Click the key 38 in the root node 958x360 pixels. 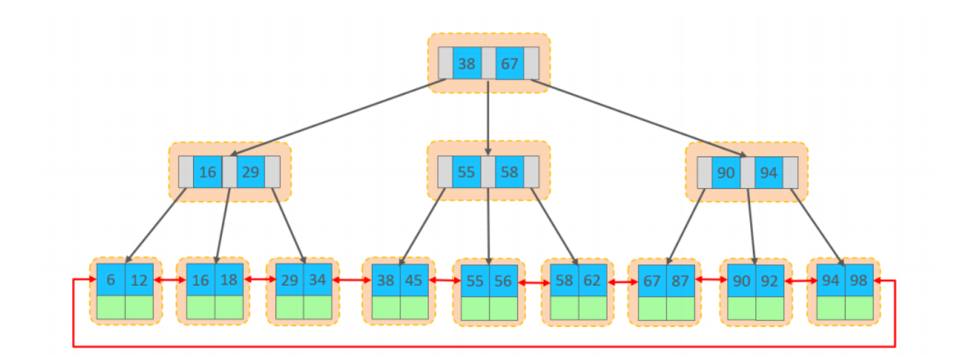tap(467, 64)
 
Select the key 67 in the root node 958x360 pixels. tap(510, 64)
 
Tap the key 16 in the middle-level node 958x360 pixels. tap(208, 172)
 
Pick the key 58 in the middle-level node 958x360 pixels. tap(510, 172)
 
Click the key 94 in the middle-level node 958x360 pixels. tap(768, 172)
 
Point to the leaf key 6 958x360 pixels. tap(111, 280)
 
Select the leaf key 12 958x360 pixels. tap(140, 280)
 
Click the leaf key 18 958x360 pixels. tap(228, 280)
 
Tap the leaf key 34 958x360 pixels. tap(318, 280)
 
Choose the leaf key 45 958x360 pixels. tap(414, 280)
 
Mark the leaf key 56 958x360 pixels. tap(504, 281)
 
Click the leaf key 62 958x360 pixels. tap(593, 280)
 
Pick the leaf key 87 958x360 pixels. tap(681, 280)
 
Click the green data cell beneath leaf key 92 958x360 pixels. tap(770, 308)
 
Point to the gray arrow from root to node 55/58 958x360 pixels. tap(489, 118)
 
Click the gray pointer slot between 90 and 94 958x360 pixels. tap(747, 172)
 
